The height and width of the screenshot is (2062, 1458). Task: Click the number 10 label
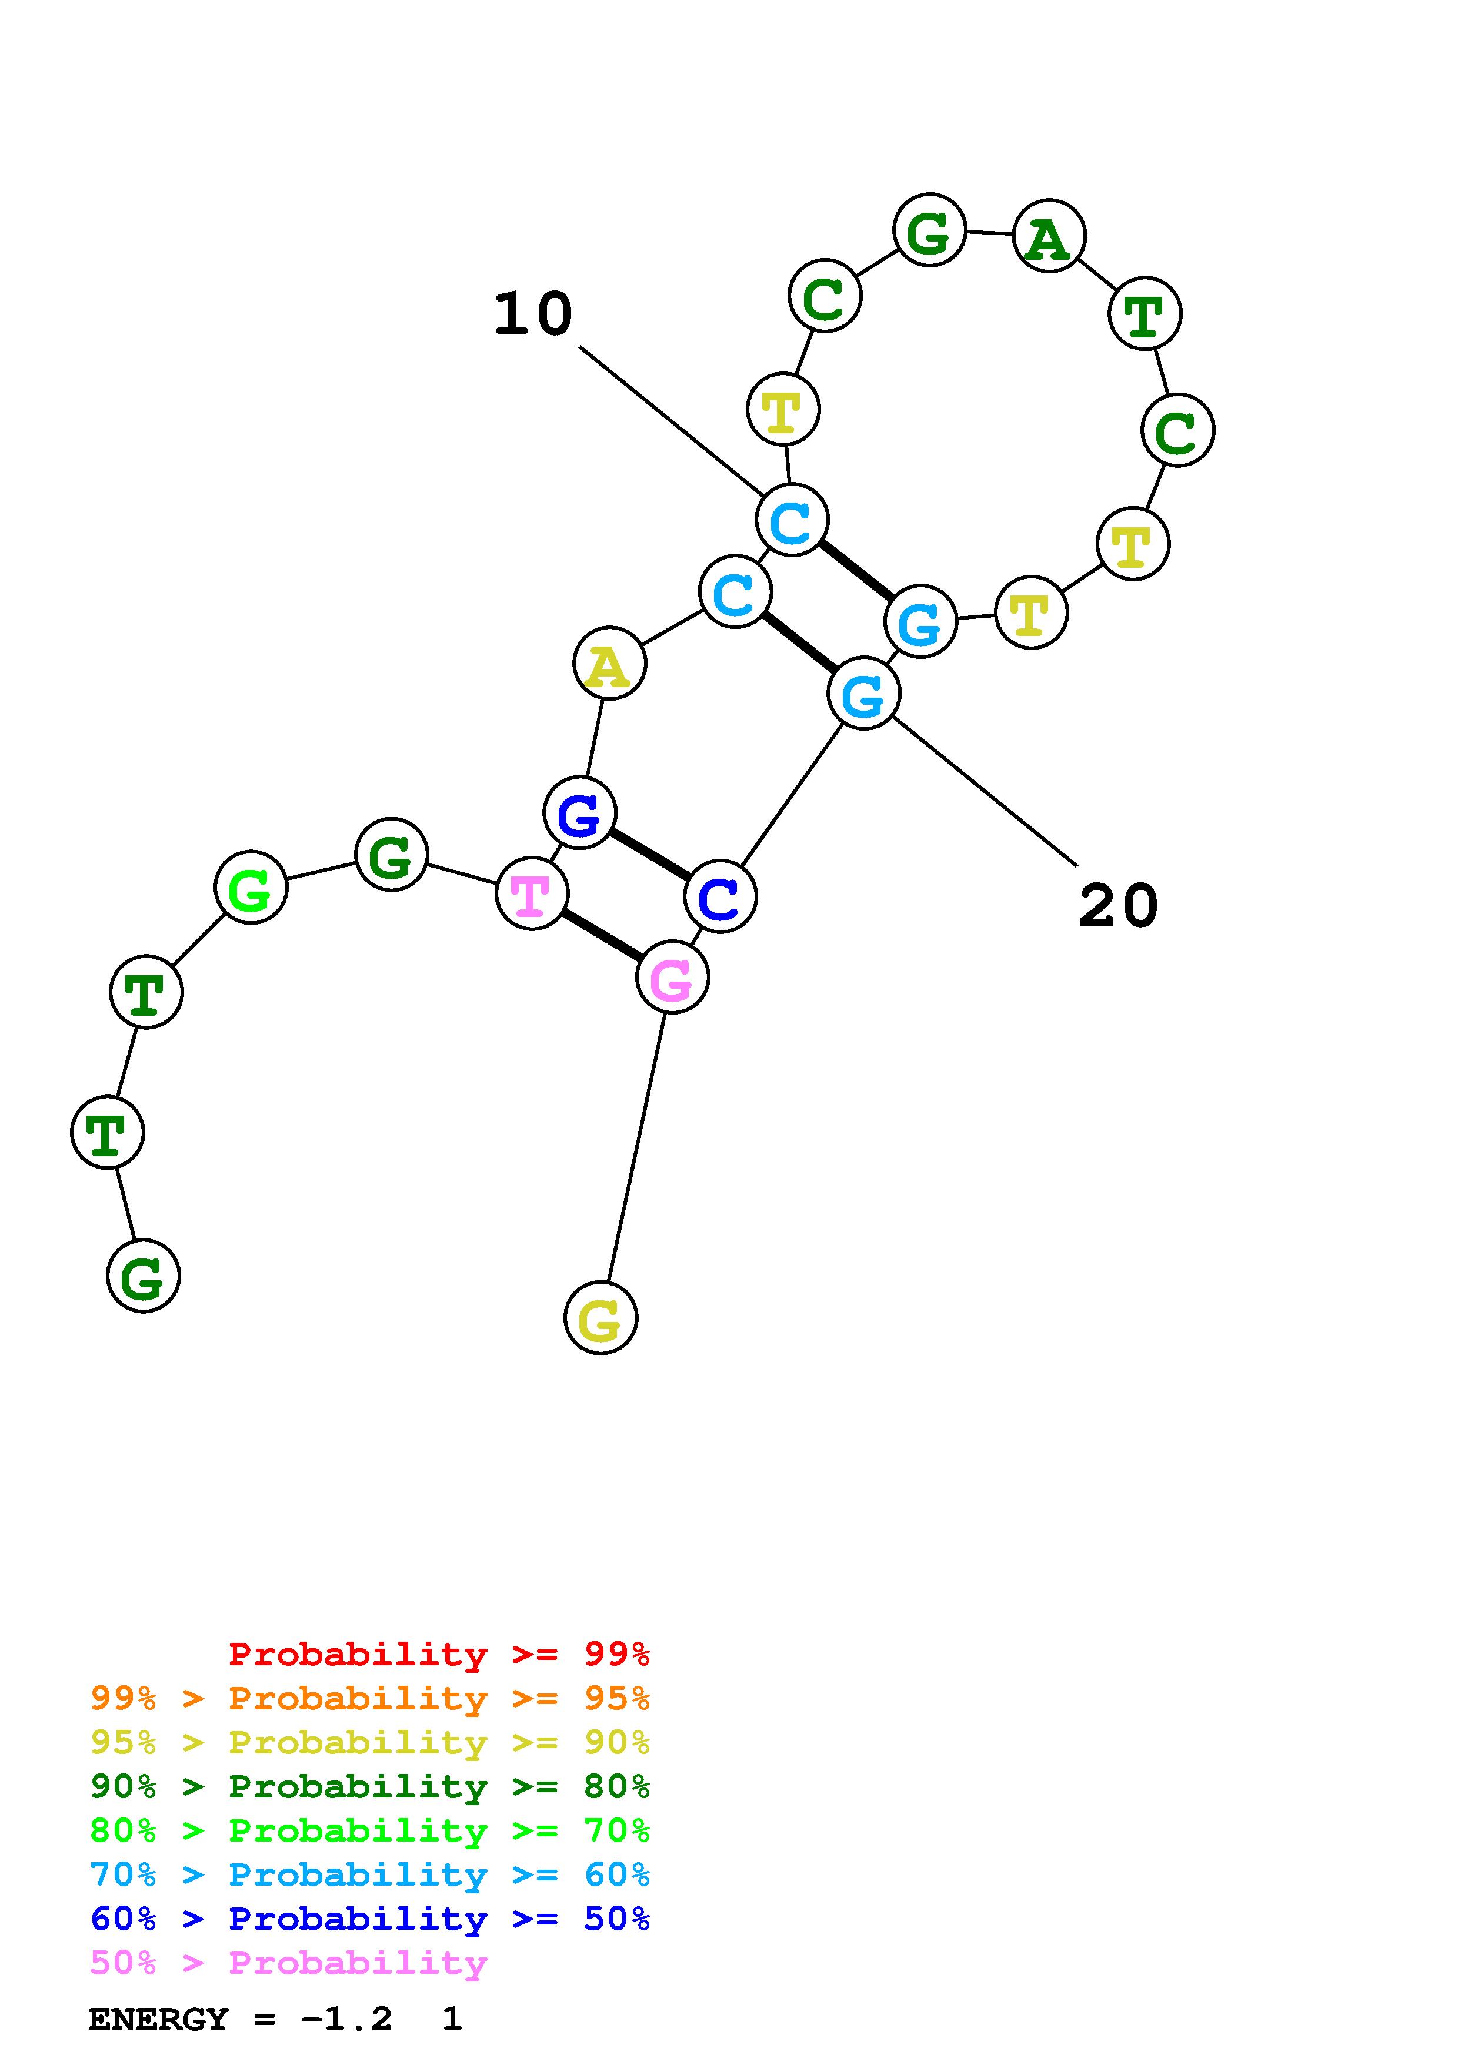point(533,314)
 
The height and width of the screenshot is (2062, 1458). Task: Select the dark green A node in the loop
point(1048,237)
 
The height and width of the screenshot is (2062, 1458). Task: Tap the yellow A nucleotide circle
point(609,664)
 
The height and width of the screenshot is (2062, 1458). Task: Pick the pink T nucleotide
point(532,893)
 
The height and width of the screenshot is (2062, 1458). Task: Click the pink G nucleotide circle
point(672,977)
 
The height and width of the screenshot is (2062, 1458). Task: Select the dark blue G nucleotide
point(579,814)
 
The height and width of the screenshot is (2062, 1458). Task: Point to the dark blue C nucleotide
point(719,896)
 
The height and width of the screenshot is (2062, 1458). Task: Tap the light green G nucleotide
point(251,888)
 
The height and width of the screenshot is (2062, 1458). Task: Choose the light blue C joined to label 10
point(792,520)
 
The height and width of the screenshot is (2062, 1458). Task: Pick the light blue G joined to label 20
point(863,694)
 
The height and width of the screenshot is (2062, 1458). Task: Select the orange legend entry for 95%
point(369,1698)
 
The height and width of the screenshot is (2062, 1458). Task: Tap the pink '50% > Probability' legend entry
point(288,1962)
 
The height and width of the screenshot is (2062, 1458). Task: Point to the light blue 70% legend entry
point(369,1874)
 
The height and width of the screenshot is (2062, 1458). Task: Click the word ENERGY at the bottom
point(158,2020)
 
